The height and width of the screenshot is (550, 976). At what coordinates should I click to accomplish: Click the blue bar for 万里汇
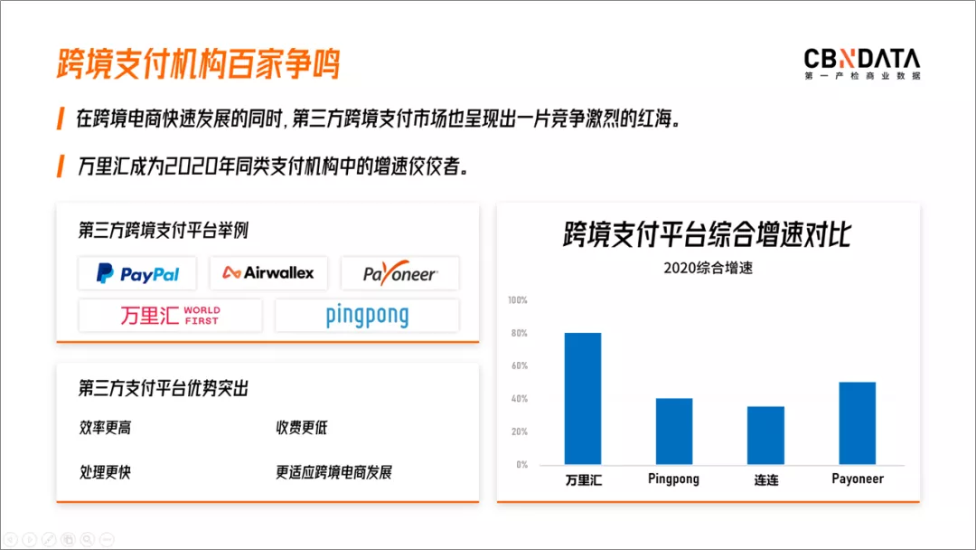[x=583, y=399]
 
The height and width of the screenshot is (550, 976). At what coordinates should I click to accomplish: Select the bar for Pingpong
[x=674, y=431]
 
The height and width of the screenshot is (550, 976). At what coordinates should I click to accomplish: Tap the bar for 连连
[x=765, y=435]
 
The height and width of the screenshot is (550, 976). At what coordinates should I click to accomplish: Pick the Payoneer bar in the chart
[x=857, y=423]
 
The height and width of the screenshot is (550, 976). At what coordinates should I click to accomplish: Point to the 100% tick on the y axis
[x=517, y=300]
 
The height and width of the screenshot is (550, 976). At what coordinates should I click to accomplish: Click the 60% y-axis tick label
[x=519, y=365]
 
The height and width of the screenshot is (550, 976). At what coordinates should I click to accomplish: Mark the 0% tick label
[x=521, y=465]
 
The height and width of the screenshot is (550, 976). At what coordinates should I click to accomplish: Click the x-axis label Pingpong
[x=673, y=479]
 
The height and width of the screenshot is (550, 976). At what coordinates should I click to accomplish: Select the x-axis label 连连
[x=766, y=479]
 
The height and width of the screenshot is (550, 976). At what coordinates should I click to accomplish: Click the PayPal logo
[x=137, y=273]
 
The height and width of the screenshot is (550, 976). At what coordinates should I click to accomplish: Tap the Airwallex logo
[x=268, y=273]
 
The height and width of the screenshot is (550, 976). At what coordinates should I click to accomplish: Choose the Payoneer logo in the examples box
[x=400, y=273]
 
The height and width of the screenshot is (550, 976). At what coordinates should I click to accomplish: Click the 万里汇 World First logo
[x=170, y=315]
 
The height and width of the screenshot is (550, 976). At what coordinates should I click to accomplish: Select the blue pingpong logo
[x=367, y=317]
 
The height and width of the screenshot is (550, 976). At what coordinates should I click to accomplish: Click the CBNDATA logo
[x=862, y=63]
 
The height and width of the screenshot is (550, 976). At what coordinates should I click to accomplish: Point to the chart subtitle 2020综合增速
[x=709, y=268]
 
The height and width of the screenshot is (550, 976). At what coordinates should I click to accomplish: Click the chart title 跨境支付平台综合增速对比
[x=707, y=234]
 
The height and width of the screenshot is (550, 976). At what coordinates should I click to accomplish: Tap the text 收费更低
[x=301, y=427]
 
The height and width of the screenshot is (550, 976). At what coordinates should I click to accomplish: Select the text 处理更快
[x=105, y=472]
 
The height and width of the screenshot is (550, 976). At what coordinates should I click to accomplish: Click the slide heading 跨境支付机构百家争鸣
[x=199, y=63]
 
